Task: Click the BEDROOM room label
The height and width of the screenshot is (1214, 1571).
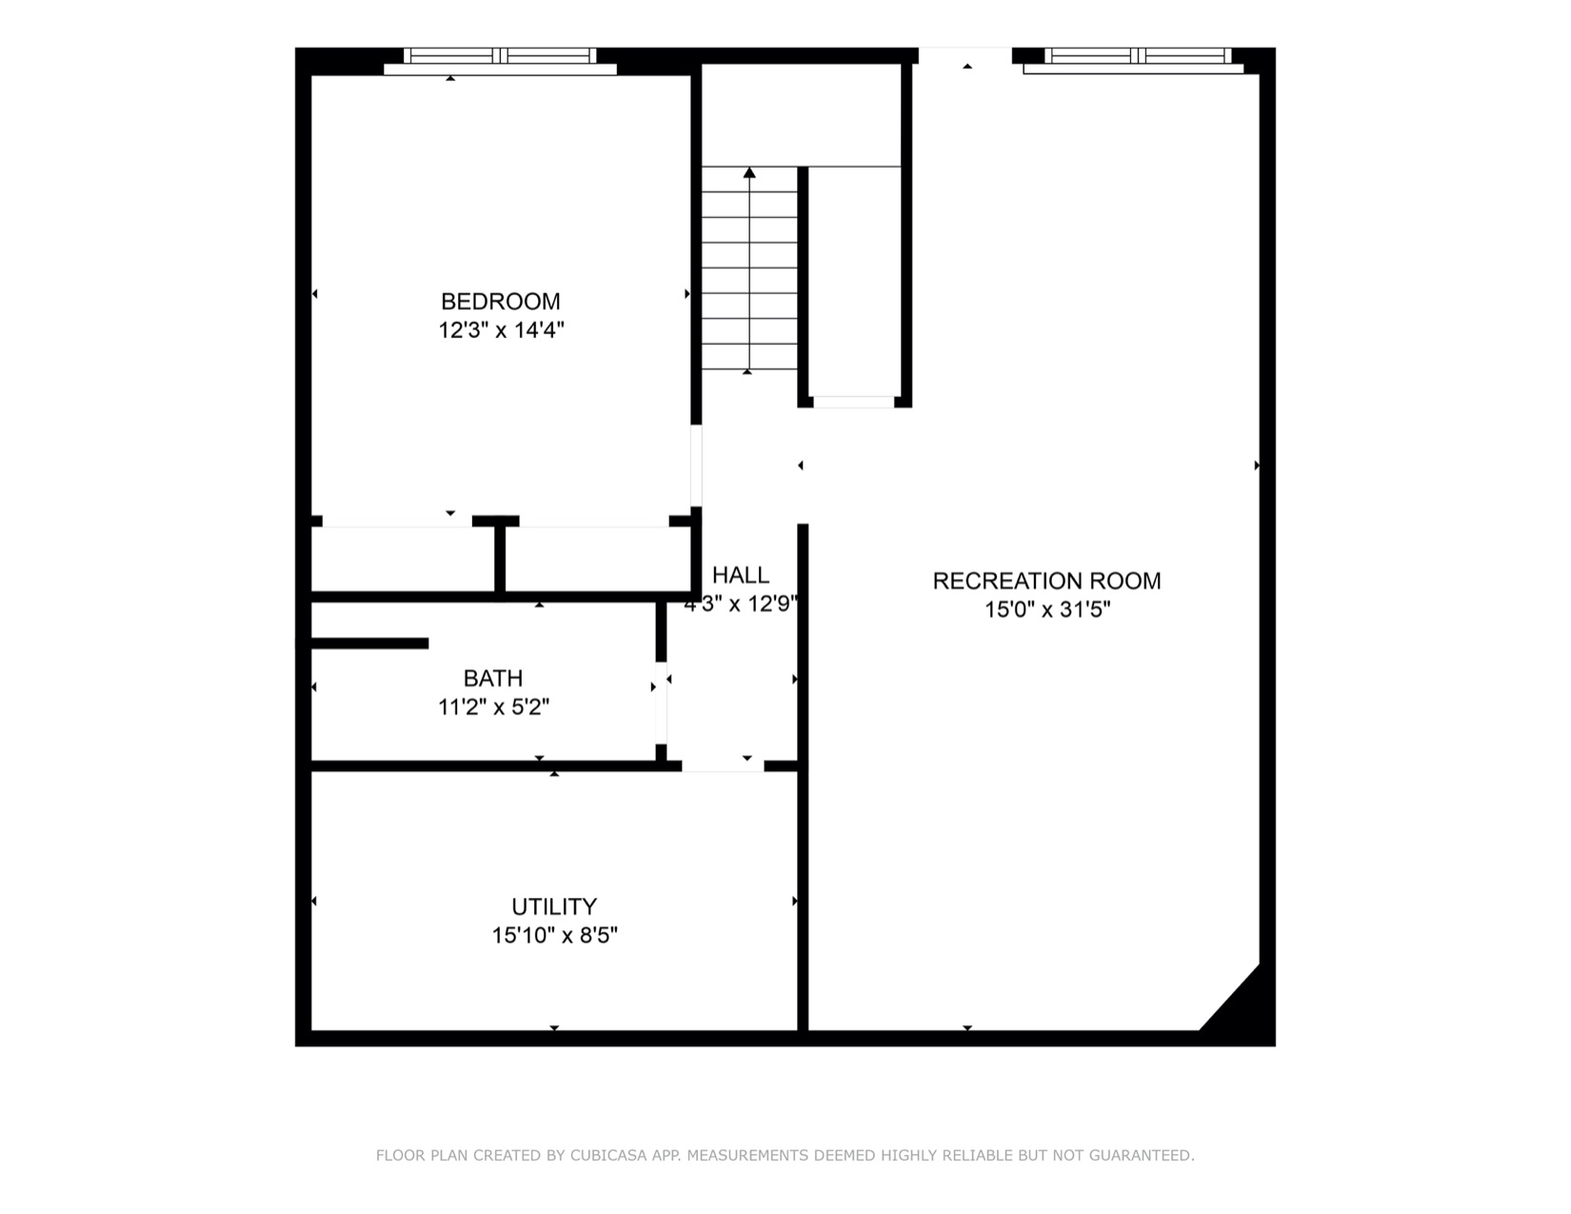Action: (500, 302)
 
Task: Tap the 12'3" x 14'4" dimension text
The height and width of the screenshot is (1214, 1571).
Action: (501, 330)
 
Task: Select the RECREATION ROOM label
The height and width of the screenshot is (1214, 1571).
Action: (1046, 581)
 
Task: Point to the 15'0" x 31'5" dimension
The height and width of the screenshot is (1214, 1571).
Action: (1046, 609)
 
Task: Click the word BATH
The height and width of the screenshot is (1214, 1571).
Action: (492, 679)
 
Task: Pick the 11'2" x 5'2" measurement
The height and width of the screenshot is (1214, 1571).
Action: (493, 707)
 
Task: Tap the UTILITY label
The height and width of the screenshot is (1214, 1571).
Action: (554, 906)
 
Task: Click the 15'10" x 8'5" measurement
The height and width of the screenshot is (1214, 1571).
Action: (554, 935)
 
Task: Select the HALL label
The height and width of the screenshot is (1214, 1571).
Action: (740, 575)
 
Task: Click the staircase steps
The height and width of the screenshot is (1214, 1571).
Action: (749, 276)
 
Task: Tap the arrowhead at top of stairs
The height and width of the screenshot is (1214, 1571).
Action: (749, 172)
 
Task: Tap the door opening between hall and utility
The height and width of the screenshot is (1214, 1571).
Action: (723, 766)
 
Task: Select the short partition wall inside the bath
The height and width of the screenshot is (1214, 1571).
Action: (369, 644)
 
